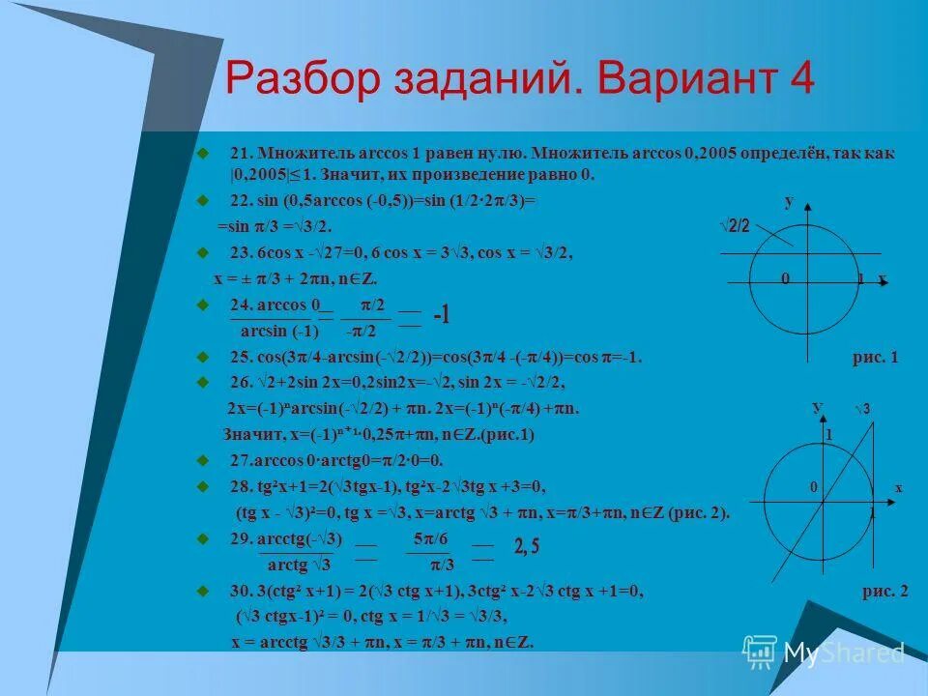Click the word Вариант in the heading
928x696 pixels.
pos(682,78)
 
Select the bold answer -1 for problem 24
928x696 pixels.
pos(442,316)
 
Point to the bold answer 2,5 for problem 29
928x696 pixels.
pos(528,547)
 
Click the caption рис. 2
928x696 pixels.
pos(884,594)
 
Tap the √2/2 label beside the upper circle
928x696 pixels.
pos(736,225)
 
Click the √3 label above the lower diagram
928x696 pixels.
pos(862,410)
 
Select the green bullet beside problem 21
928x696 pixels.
pos(203,153)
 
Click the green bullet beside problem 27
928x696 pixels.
pos(203,459)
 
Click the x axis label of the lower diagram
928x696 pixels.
pos(898,488)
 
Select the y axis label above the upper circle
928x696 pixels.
pos(789,201)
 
